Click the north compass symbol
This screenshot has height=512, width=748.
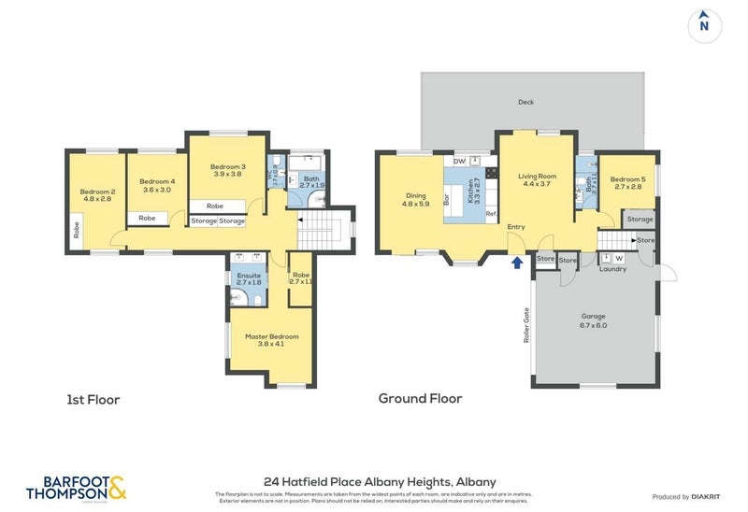(704, 25)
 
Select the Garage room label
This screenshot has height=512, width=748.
(593, 320)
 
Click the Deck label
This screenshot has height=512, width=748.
(525, 102)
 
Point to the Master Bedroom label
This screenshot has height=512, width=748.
(271, 339)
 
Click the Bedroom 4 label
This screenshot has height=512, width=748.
(157, 185)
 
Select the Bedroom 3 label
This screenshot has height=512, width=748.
(227, 170)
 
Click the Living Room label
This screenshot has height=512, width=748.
(534, 179)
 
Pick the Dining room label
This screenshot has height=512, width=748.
(415, 199)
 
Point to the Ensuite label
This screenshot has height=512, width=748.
(249, 278)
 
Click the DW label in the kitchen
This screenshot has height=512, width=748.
(459, 162)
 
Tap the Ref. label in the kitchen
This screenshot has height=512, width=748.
(490, 214)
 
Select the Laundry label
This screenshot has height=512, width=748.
(612, 269)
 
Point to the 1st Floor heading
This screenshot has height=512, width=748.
(93, 400)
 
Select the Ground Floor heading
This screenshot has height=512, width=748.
(420, 398)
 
